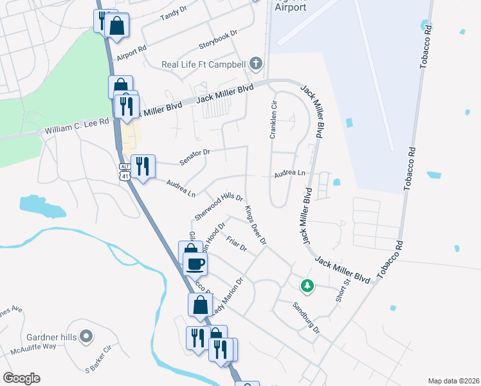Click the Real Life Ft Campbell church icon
(x=256, y=63)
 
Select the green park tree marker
(x=307, y=285)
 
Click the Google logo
(x=21, y=378)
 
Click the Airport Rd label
(x=132, y=48)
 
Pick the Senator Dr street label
(x=195, y=156)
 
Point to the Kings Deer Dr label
(x=255, y=225)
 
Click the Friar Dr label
(x=237, y=245)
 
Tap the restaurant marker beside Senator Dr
(x=142, y=166)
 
